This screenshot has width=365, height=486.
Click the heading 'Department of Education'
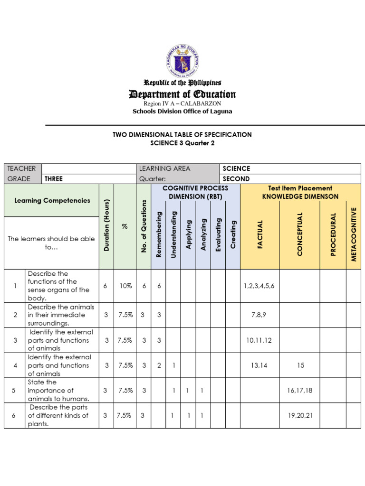click(182, 94)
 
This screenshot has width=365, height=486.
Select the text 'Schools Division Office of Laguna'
click(182, 112)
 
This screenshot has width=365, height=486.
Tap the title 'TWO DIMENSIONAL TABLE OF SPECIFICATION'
click(182, 134)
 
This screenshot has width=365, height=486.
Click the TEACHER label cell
click(21, 168)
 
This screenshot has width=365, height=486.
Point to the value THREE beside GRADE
click(53, 179)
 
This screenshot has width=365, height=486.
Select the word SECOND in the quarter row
click(236, 179)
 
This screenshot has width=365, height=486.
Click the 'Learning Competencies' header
click(52, 200)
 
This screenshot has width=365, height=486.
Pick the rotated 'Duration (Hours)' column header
click(107, 225)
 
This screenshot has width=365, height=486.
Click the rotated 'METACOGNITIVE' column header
click(353, 234)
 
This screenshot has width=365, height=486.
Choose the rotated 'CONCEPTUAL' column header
click(300, 234)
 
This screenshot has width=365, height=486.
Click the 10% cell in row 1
click(125, 286)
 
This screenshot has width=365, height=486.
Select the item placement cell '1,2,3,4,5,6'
click(259, 286)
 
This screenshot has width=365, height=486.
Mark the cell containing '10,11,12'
click(259, 340)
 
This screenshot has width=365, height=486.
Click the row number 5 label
click(14, 390)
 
